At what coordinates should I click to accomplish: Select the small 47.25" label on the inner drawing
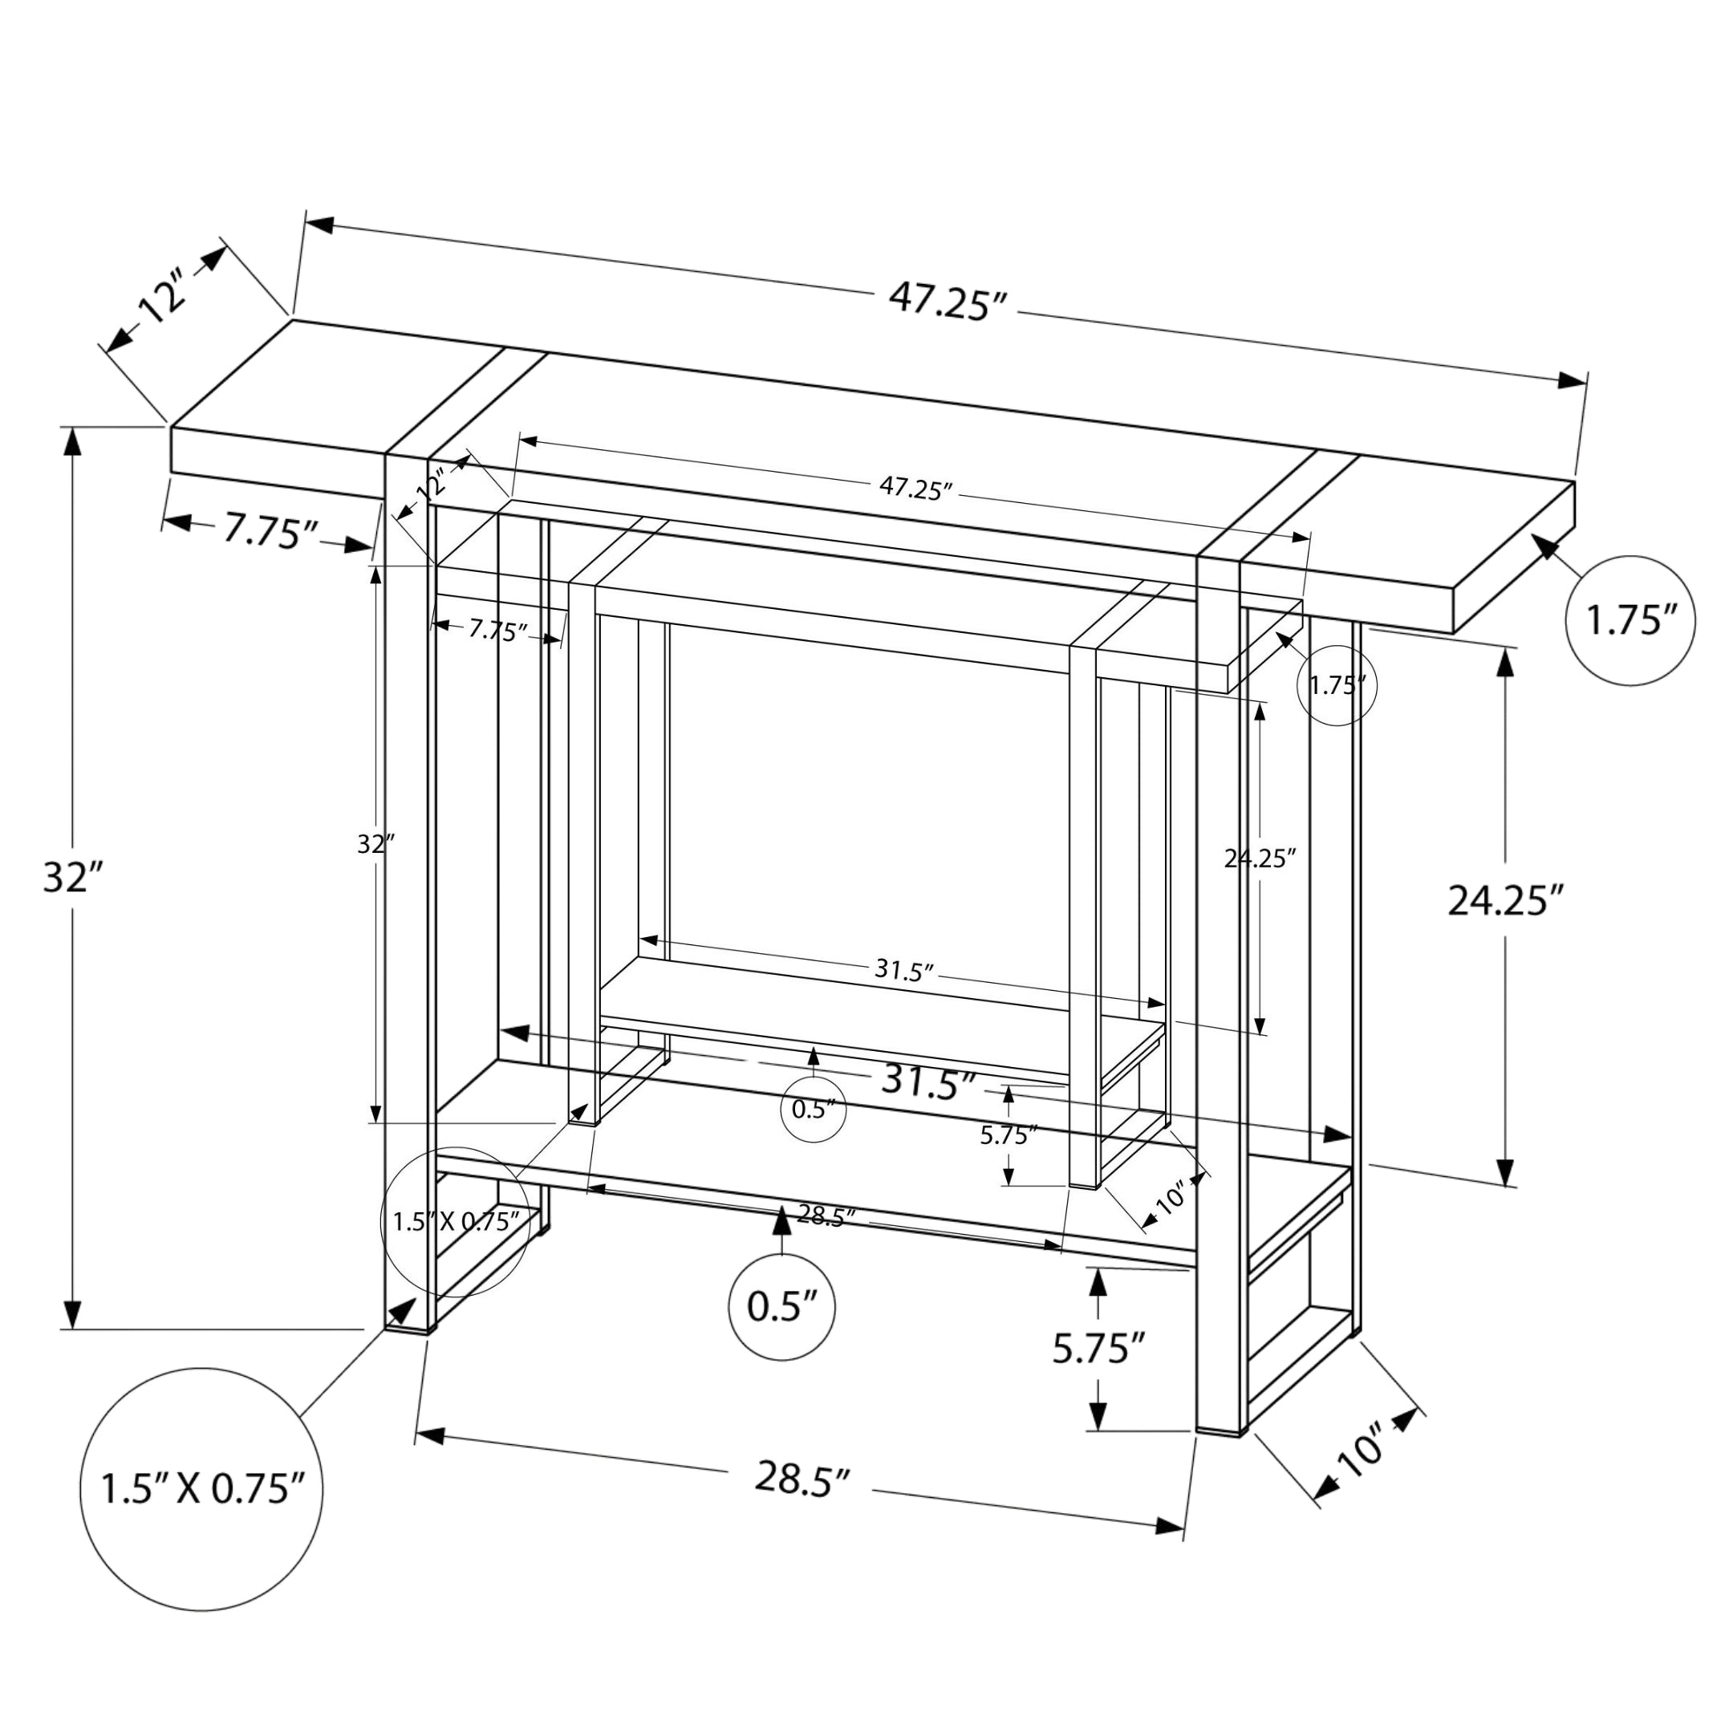915,489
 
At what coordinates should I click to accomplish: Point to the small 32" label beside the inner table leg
375,844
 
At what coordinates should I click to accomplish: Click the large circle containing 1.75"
1630,621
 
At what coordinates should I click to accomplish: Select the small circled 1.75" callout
1337,685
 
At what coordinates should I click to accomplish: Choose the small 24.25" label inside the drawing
1260,858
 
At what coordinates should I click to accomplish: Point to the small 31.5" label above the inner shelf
904,971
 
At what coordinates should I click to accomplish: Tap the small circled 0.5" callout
813,1110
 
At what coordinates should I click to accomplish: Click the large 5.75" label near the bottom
1099,1348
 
